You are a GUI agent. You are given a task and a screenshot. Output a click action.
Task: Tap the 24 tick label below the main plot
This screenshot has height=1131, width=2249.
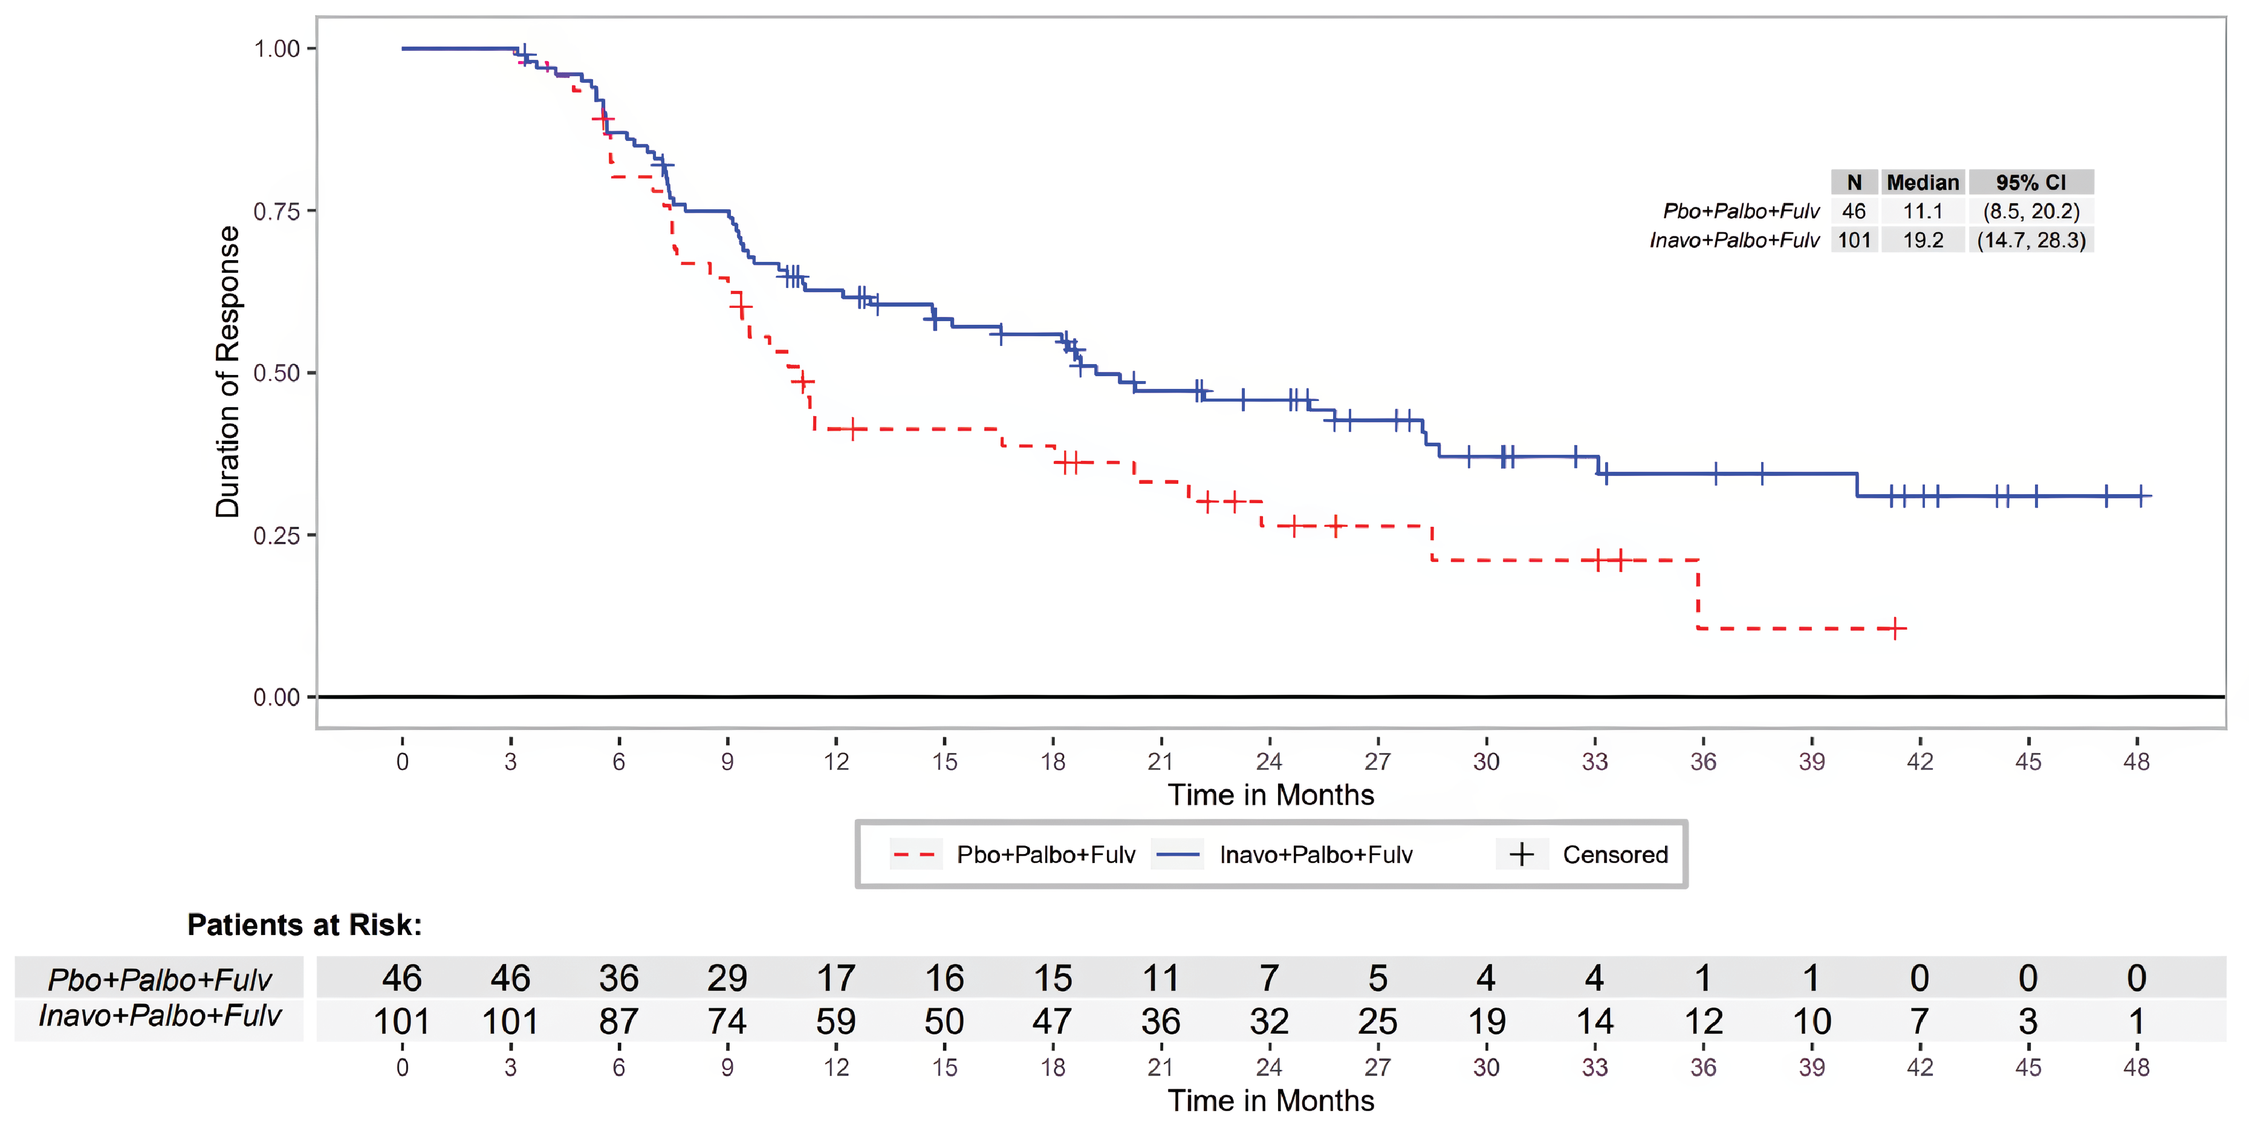1268,761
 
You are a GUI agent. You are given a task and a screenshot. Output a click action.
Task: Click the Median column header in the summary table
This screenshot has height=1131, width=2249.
1923,183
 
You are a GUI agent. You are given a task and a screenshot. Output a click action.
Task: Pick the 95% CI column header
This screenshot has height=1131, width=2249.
2031,183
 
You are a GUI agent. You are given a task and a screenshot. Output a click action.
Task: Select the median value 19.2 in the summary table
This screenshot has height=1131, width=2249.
1923,240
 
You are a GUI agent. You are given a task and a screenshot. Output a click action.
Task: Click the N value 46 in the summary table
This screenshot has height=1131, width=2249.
1854,211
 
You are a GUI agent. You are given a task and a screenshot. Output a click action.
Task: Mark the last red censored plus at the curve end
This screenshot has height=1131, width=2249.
1895,628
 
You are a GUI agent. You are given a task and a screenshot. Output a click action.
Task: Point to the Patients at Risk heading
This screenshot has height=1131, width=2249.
304,925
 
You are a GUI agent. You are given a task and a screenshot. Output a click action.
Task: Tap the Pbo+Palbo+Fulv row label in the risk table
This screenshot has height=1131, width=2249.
159,979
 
